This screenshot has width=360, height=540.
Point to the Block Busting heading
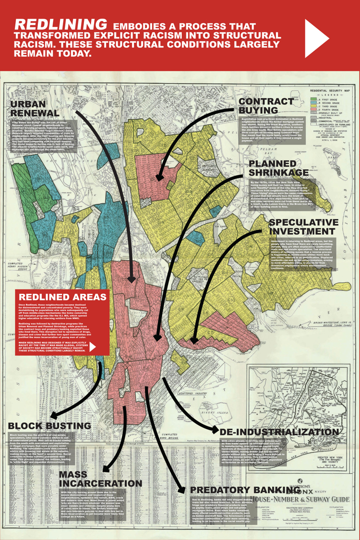[49, 426]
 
